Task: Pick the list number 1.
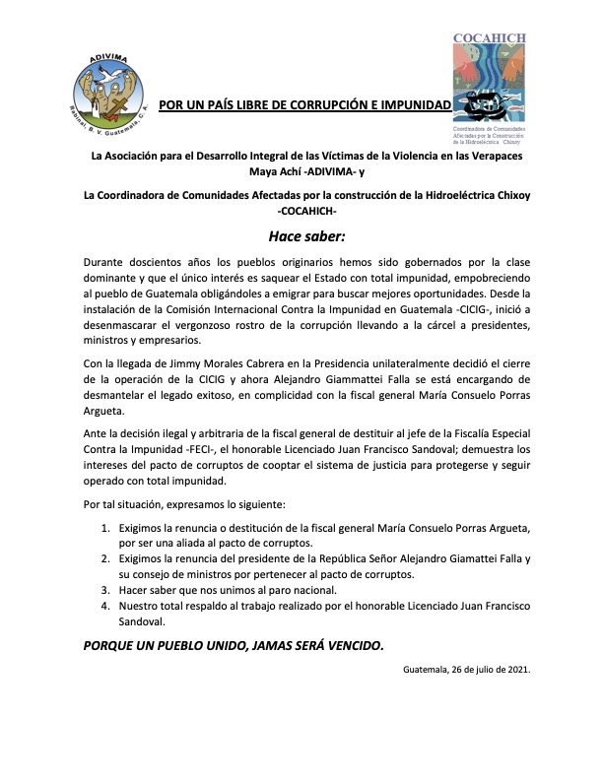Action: point(107,528)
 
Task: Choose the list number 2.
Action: point(107,558)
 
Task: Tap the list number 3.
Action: point(107,590)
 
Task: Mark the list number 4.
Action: point(107,606)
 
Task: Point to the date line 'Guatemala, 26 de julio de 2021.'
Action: point(467,670)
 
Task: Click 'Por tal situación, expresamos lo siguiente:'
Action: point(185,504)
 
